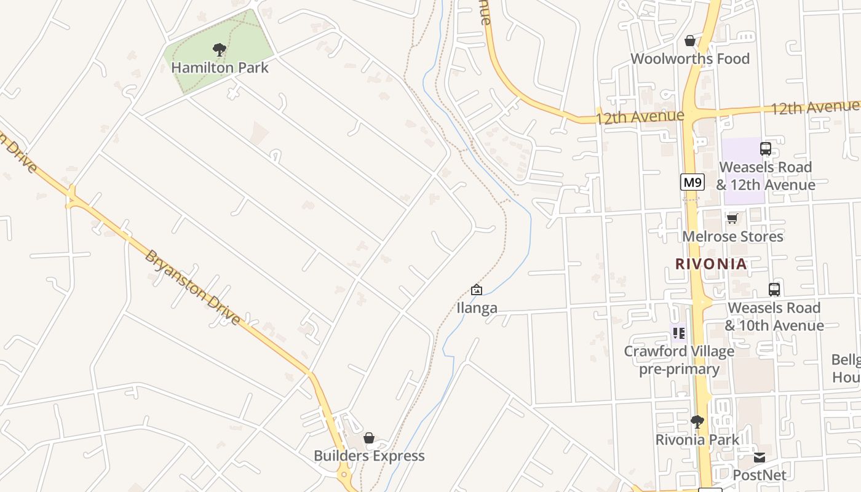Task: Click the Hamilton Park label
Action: point(220,68)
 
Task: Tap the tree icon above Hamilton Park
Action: point(219,50)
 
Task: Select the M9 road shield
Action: point(692,182)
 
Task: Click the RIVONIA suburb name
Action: point(711,264)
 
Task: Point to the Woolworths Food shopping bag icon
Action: point(690,41)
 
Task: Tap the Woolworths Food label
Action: point(690,59)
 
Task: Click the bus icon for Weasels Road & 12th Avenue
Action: point(765,148)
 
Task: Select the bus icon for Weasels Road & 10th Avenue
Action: point(774,289)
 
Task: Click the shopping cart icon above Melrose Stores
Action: point(732,218)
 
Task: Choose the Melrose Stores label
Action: point(732,237)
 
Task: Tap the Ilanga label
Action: point(477,308)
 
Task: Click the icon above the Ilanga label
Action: point(476,289)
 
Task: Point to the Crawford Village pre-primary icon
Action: point(679,333)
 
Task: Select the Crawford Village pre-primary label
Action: point(679,360)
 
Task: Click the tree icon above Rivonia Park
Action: point(697,421)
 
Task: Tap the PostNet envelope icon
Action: point(760,457)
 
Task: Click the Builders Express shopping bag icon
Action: point(369,438)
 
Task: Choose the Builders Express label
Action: point(369,456)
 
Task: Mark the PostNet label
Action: point(760,475)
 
